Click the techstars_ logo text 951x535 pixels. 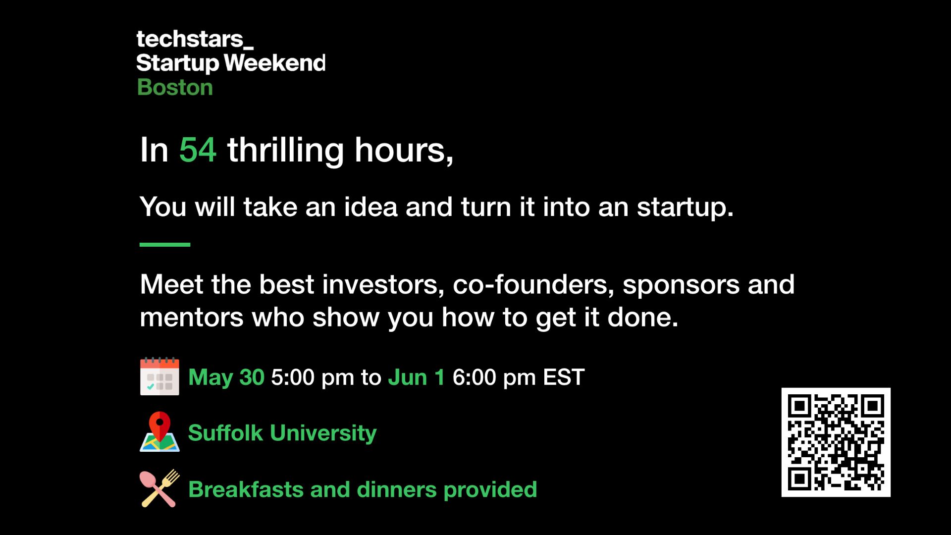pyautogui.click(x=194, y=39)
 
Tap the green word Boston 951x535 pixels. pyautogui.click(x=175, y=87)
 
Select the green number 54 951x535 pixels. pyautogui.click(x=198, y=150)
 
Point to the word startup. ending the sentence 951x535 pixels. pyautogui.click(x=685, y=207)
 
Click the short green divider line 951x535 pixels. pyautogui.click(x=165, y=244)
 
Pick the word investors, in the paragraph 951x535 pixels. pyautogui.click(x=383, y=285)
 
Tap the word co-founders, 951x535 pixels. pyautogui.click(x=533, y=285)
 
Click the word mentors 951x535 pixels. pyautogui.click(x=192, y=317)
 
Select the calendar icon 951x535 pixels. pyautogui.click(x=159, y=376)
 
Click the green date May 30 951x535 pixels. pyautogui.click(x=226, y=377)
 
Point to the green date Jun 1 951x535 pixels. pyautogui.click(x=416, y=377)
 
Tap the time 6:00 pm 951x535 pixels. pyautogui.click(x=494, y=377)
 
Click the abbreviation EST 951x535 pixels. pyautogui.click(x=564, y=377)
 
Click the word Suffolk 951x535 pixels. pyautogui.click(x=225, y=433)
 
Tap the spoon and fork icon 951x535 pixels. pyautogui.click(x=159, y=488)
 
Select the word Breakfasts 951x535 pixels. pyautogui.click(x=246, y=489)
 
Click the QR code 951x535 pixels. pyautogui.click(x=836, y=442)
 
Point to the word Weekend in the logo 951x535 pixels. pyautogui.click(x=275, y=63)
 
